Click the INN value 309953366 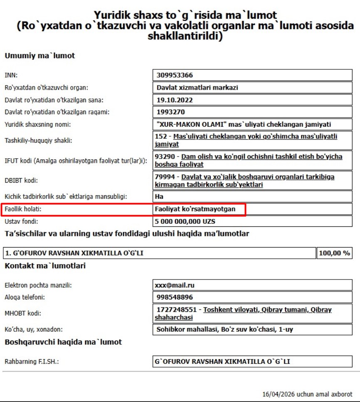click(x=175, y=76)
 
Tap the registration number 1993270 click(x=171, y=112)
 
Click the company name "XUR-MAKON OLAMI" click(x=191, y=124)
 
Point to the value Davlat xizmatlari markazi click(x=197, y=88)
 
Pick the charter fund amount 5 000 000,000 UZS click(x=185, y=221)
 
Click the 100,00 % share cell click(x=334, y=253)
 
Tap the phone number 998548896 click(x=175, y=297)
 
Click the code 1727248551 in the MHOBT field click(x=176, y=310)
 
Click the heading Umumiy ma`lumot click(x=39, y=56)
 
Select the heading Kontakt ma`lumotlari click(x=45, y=266)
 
